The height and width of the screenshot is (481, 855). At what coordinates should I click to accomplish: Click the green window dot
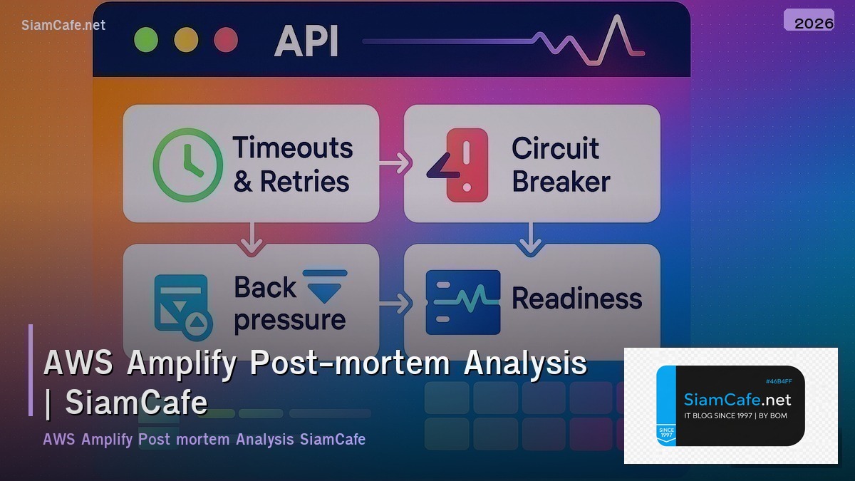point(145,39)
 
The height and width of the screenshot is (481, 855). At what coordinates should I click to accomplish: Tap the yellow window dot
point(185,39)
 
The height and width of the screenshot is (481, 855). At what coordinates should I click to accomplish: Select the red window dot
point(226,39)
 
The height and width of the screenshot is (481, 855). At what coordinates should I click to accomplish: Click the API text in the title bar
point(306,41)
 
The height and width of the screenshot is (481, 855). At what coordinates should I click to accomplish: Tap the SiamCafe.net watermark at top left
point(63,25)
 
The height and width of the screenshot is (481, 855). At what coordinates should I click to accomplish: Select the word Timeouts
point(293,148)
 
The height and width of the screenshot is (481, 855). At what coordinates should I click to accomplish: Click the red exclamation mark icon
point(467,164)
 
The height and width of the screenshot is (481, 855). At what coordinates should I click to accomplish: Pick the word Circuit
point(555,148)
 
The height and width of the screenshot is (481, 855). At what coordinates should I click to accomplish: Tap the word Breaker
point(561,182)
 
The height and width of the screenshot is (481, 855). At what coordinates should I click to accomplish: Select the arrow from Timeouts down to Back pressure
point(250,238)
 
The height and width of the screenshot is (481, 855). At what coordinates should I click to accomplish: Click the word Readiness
point(576,299)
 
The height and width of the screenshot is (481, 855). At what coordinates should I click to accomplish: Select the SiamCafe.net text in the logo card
point(737,400)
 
